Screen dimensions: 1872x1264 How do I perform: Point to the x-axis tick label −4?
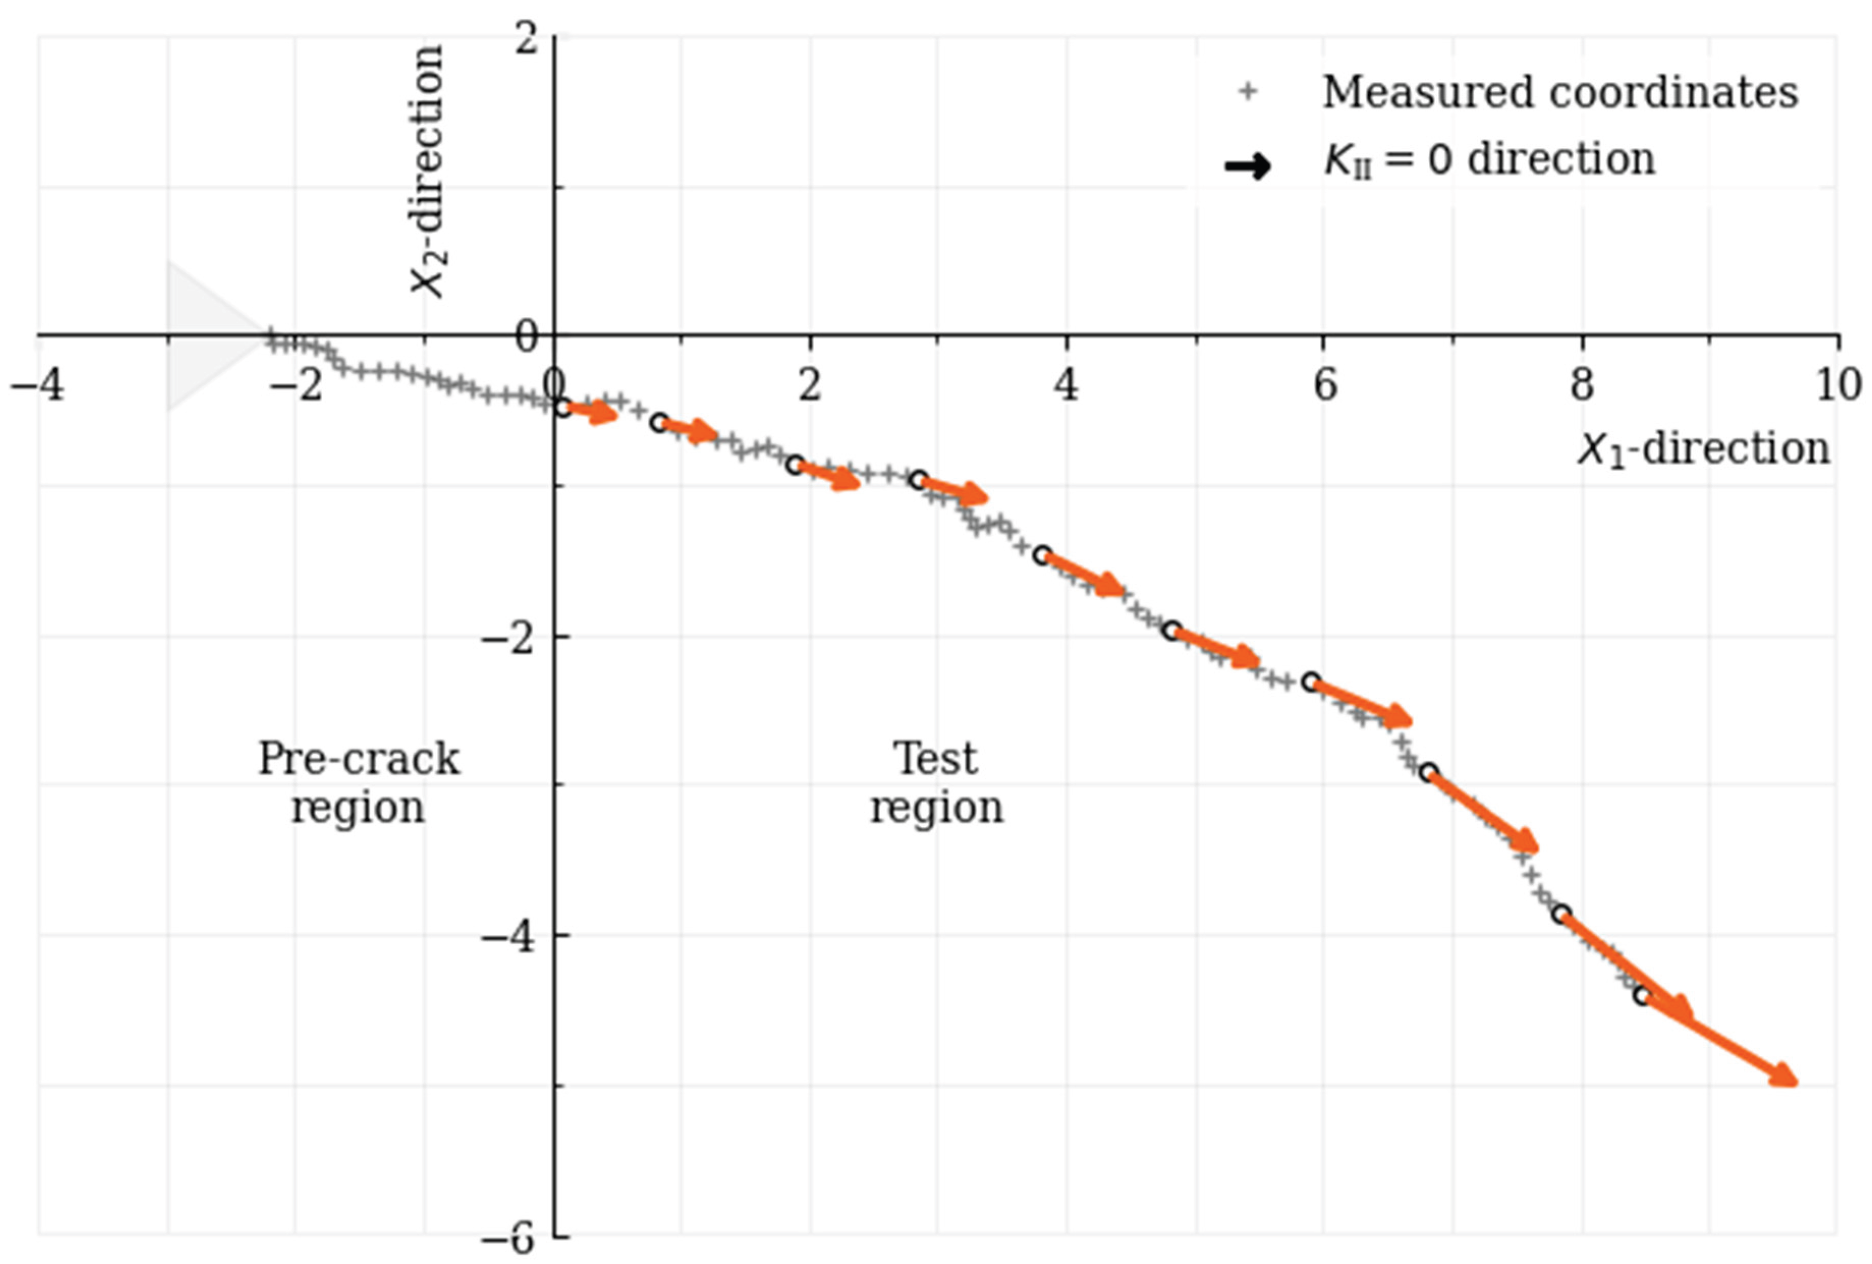point(37,386)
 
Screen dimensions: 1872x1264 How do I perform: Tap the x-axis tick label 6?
point(1324,386)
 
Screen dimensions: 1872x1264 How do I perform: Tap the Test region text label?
point(937,783)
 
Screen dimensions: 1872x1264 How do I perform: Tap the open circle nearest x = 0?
point(563,408)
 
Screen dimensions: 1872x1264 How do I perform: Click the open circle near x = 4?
point(1042,555)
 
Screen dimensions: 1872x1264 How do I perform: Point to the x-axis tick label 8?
point(1581,386)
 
